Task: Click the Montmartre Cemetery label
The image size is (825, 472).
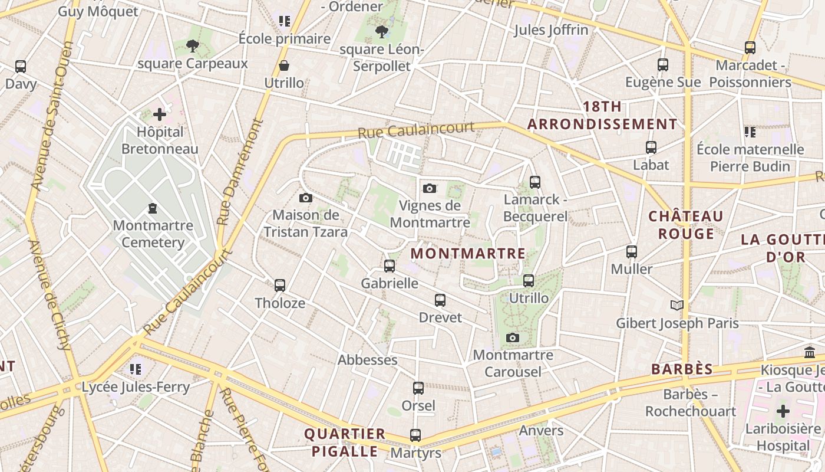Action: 153,234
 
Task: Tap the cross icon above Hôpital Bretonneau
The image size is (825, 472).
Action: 160,114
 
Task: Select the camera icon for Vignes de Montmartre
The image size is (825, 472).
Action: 430,188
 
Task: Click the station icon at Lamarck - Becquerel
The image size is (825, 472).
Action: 535,182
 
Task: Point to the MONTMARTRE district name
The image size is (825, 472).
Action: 468,254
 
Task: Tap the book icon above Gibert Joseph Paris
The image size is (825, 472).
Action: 677,305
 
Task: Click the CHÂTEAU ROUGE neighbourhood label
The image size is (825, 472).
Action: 686,225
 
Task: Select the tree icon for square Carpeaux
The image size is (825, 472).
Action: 192,45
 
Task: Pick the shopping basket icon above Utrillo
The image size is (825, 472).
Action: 284,65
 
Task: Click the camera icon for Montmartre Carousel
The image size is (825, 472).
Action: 513,337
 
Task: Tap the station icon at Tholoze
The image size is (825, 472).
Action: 280,286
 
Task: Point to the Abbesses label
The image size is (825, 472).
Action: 367,360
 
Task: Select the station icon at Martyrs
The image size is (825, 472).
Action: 415,435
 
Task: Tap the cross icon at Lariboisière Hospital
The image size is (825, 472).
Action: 783,411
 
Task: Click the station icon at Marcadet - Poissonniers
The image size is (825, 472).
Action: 750,48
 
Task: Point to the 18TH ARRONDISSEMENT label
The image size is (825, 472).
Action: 602,116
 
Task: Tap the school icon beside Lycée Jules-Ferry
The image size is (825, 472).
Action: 136,369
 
